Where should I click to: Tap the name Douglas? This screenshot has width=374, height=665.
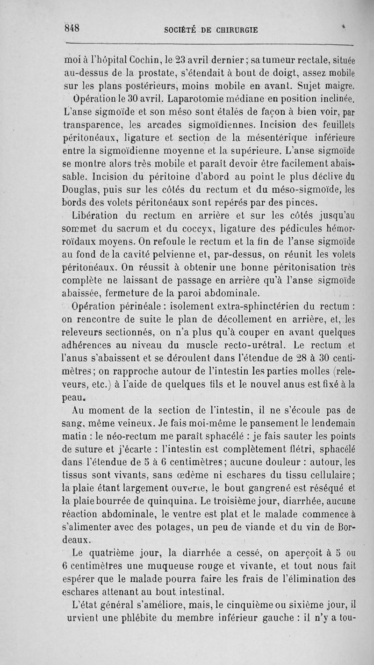[81, 190]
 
